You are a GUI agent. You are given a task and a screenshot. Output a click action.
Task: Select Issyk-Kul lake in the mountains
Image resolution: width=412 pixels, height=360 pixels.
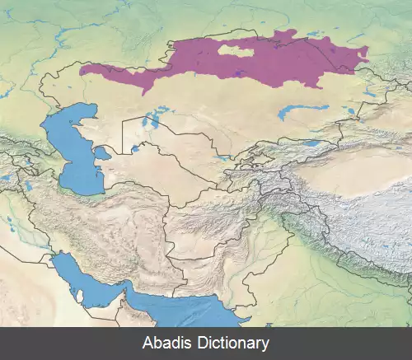[311, 143]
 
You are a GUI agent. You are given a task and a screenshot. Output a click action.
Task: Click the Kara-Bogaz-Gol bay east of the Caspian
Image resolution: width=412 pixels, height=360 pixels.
[102, 153]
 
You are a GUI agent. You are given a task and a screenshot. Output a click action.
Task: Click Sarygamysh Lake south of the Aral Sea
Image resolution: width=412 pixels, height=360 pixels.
[134, 151]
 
